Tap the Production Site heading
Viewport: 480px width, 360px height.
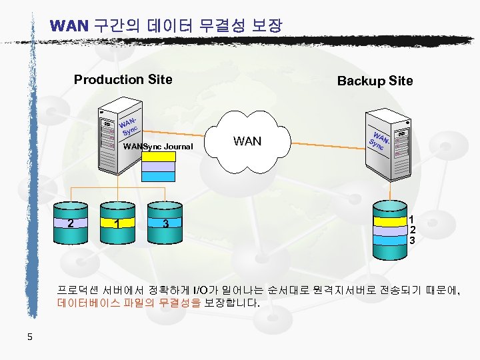coord(123,80)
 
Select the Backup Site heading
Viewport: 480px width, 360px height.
coord(375,81)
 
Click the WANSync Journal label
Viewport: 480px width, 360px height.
coord(158,147)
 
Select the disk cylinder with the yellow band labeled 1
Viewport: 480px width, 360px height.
coord(116,223)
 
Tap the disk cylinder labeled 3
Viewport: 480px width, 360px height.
coord(165,223)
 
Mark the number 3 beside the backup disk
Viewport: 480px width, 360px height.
coord(413,240)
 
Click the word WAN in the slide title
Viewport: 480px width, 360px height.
coord(69,27)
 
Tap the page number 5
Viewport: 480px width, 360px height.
coord(30,337)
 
